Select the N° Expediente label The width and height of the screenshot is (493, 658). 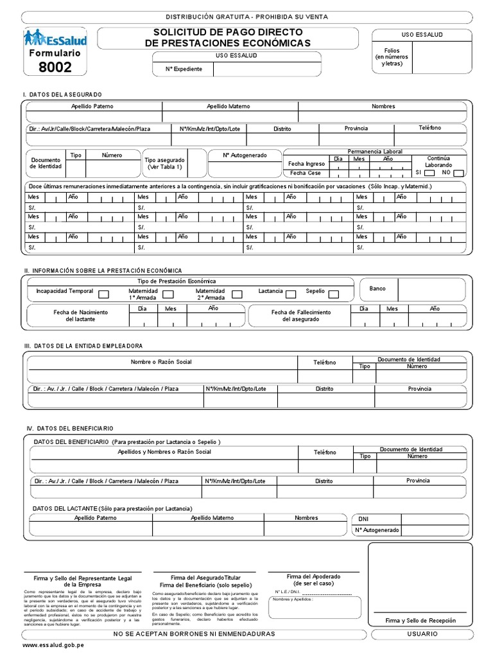click(184, 69)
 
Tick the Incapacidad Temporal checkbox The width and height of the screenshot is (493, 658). click(103, 294)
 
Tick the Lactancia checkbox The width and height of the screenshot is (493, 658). click(290, 294)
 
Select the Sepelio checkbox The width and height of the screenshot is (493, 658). click(333, 294)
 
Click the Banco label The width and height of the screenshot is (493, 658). click(377, 289)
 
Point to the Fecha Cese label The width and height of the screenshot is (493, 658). click(305, 173)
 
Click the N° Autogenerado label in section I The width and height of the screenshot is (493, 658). click(244, 155)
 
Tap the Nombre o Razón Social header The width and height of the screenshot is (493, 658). click(161, 362)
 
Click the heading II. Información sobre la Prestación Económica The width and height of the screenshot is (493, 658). click(103, 271)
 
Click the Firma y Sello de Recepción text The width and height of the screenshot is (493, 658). click(420, 621)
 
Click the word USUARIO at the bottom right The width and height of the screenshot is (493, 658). click(422, 634)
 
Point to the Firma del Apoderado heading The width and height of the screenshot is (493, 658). click(313, 576)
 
